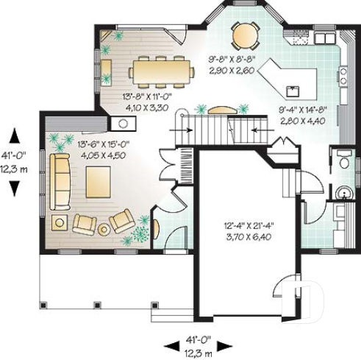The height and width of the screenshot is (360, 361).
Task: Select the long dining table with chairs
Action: (x=162, y=71)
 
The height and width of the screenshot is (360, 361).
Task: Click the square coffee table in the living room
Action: (x=98, y=182)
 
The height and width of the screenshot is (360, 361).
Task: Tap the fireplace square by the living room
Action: (x=118, y=123)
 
